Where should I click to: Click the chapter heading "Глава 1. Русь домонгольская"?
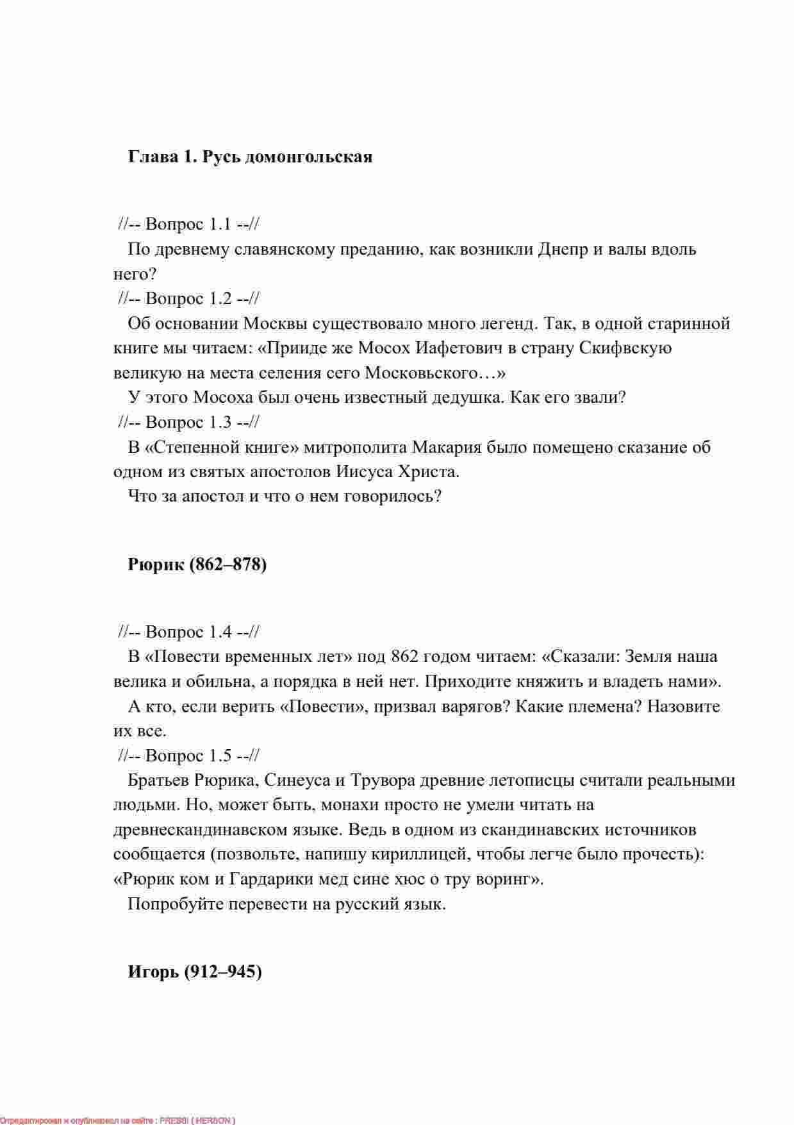point(250,157)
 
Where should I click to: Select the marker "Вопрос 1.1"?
point(188,224)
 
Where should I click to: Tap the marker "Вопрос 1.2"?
point(188,298)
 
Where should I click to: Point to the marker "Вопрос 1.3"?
point(188,422)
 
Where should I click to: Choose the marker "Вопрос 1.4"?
point(188,632)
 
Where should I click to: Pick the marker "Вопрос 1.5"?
point(188,756)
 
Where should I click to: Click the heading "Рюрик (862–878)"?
point(197,565)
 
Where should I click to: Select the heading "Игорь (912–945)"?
point(195,972)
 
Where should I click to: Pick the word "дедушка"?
point(458,398)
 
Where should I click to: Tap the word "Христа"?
point(429,472)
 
